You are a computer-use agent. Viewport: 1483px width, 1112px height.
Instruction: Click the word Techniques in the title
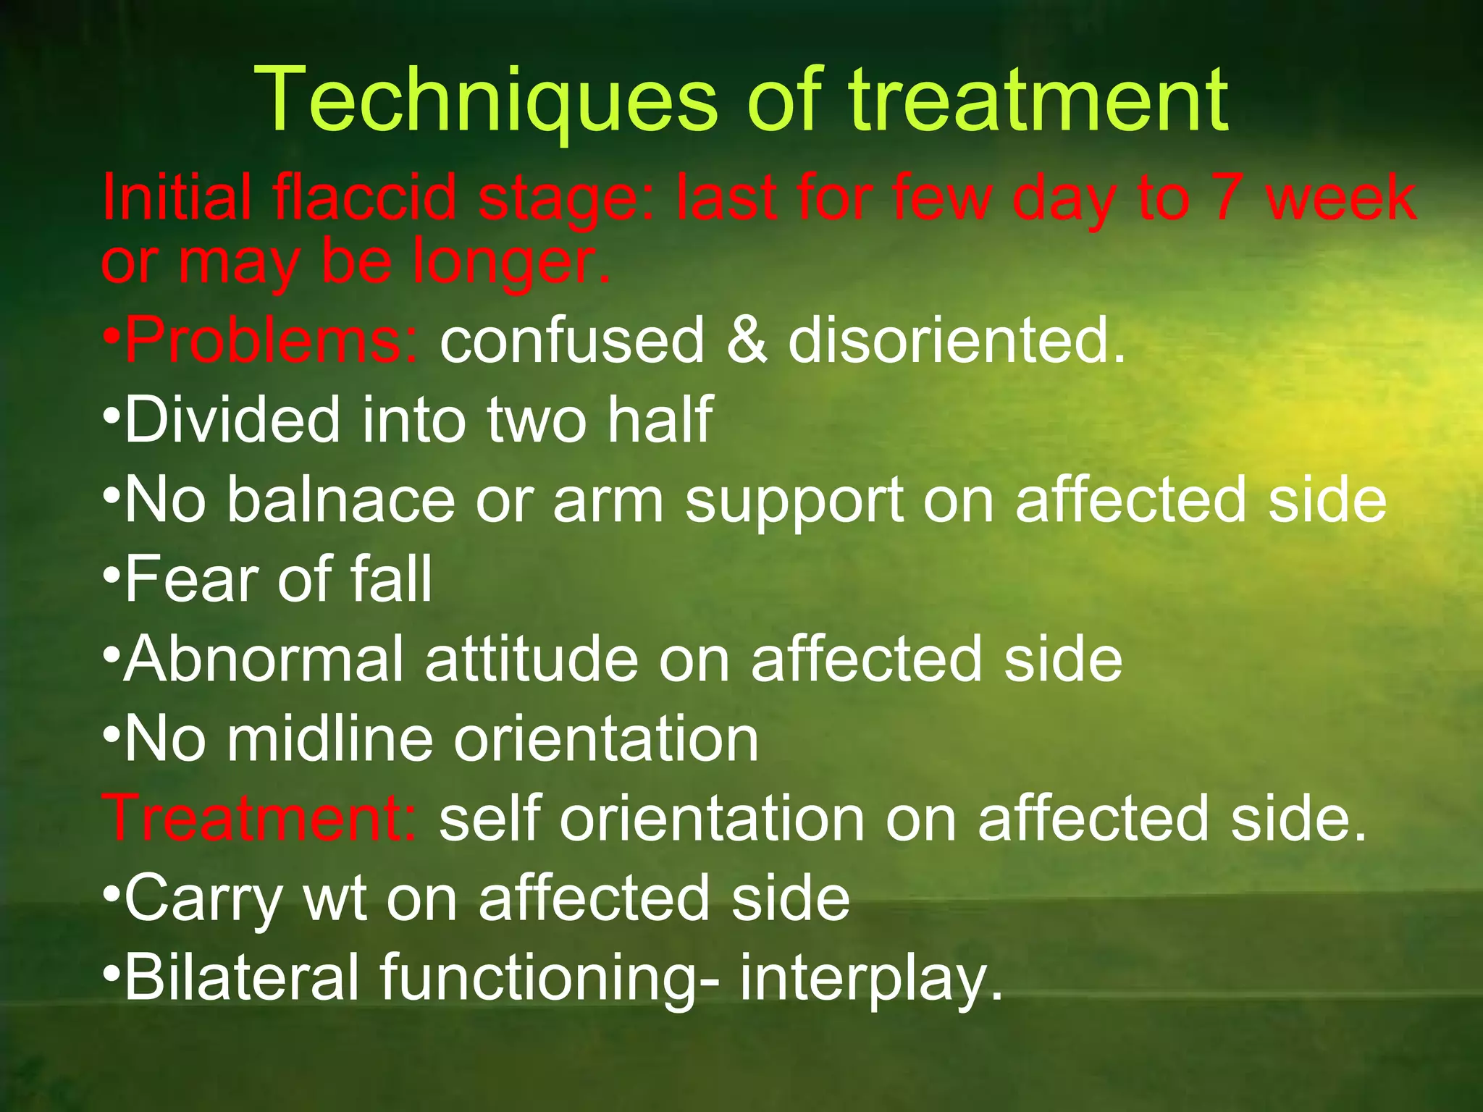pyautogui.click(x=485, y=101)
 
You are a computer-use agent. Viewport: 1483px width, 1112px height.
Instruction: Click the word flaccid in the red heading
pyautogui.click(x=366, y=197)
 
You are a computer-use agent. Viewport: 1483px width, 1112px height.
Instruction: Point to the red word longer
pyautogui.click(x=511, y=262)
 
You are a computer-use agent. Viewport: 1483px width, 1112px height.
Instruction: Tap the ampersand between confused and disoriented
pyautogui.click(x=746, y=340)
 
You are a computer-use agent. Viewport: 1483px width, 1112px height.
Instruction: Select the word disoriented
pyautogui.click(x=956, y=340)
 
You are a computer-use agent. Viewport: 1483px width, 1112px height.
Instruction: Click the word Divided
pyautogui.click(x=232, y=420)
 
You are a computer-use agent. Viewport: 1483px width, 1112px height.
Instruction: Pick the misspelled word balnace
pyautogui.click(x=340, y=500)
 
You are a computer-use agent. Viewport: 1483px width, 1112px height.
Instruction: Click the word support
pyautogui.click(x=794, y=500)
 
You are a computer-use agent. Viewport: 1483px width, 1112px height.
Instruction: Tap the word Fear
pyautogui.click(x=191, y=579)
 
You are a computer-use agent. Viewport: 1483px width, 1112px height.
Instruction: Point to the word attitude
pyautogui.click(x=532, y=659)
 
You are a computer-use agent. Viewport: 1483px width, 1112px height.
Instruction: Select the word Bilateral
pyautogui.click(x=242, y=977)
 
